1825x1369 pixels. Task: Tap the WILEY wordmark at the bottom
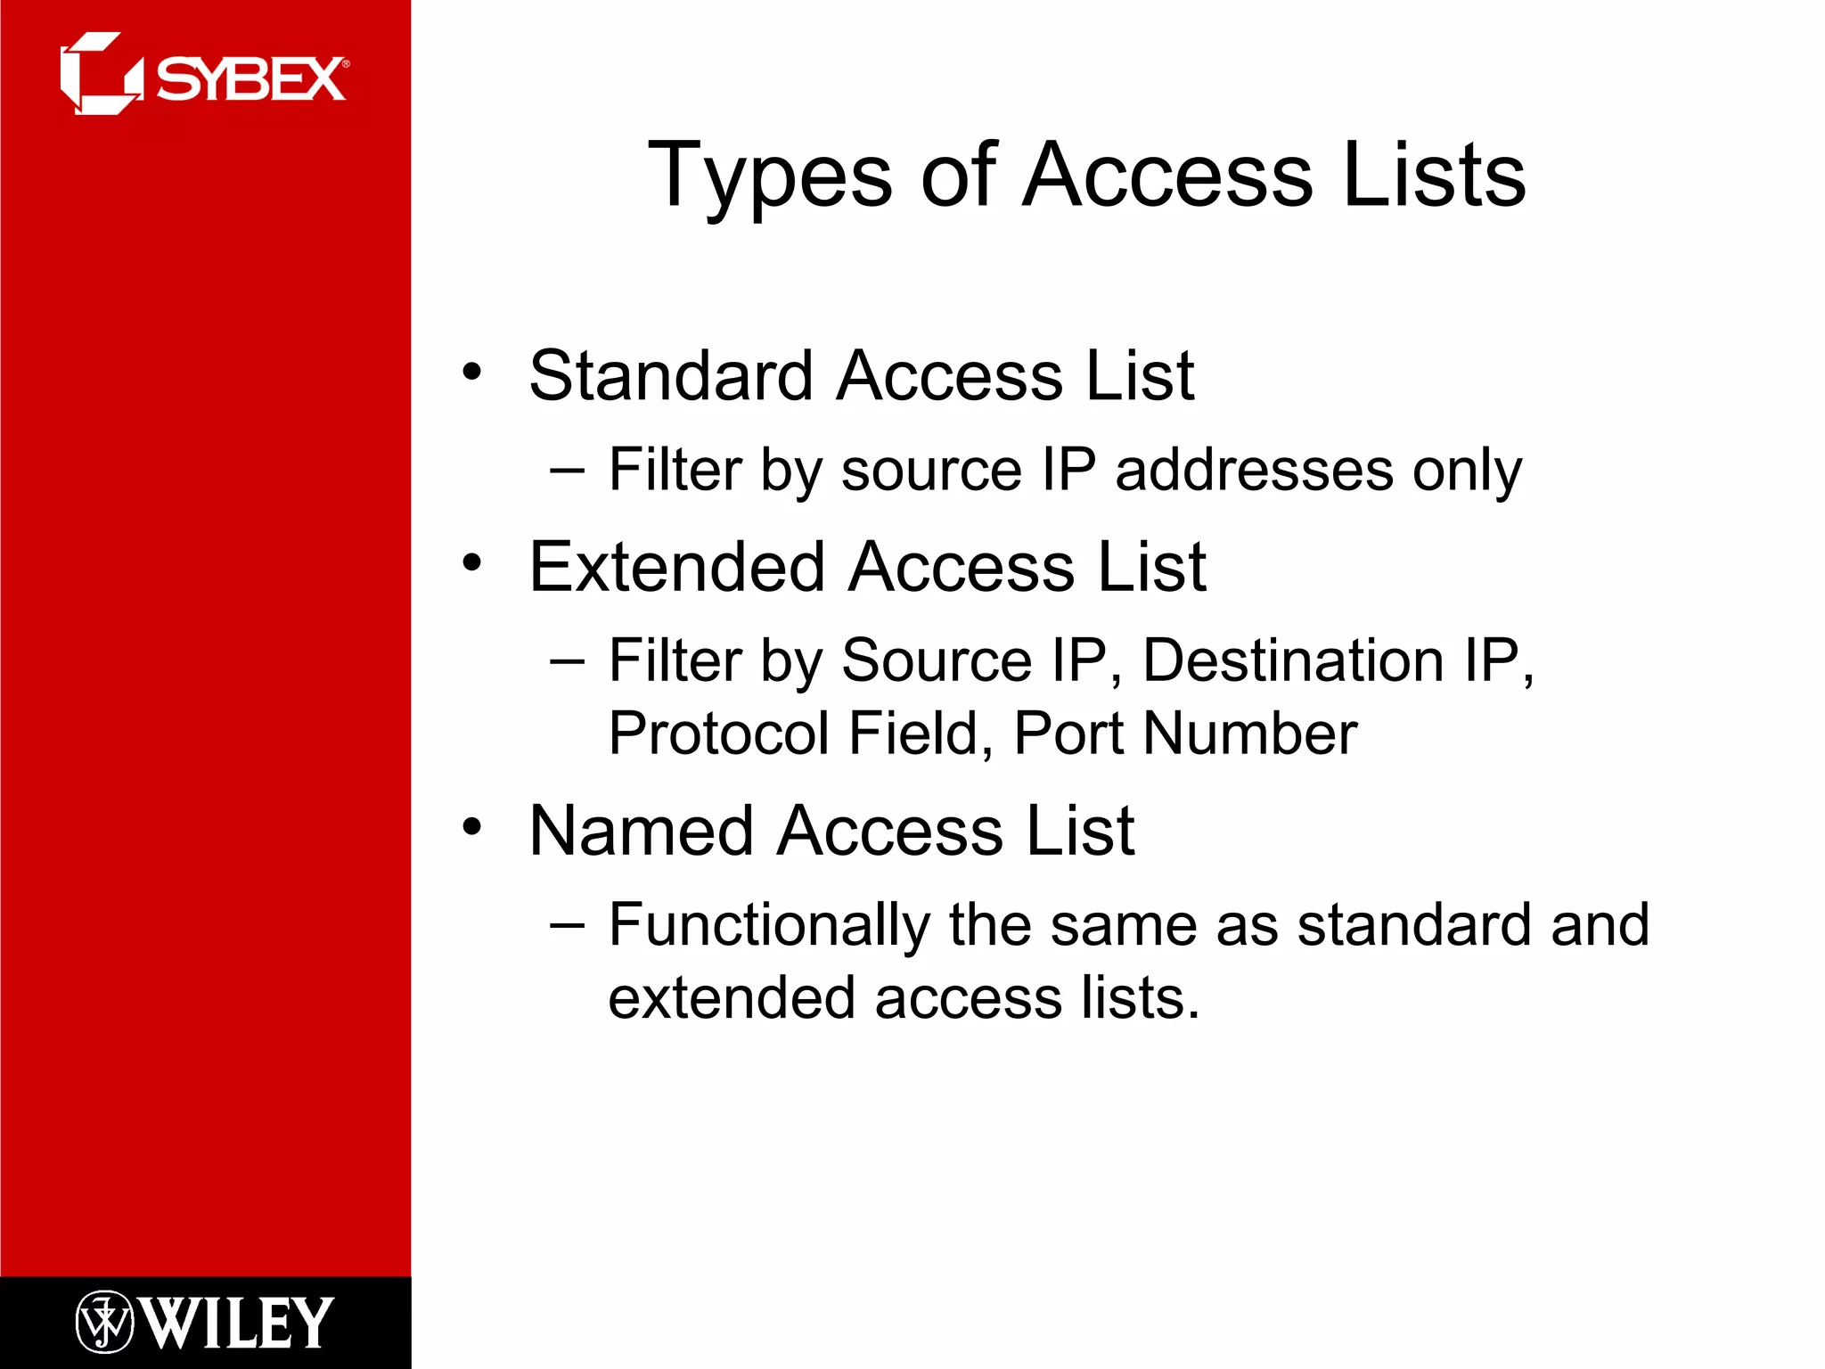coord(237,1323)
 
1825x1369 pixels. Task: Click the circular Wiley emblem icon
coord(104,1323)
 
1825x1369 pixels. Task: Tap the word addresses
coord(1254,470)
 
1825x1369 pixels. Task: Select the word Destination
coord(1293,660)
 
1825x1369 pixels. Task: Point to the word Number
coord(1249,734)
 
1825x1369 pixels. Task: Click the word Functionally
coord(769,925)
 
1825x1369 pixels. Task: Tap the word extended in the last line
coord(731,997)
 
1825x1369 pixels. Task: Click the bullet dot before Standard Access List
coord(472,372)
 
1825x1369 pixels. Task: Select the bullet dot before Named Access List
coord(472,827)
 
